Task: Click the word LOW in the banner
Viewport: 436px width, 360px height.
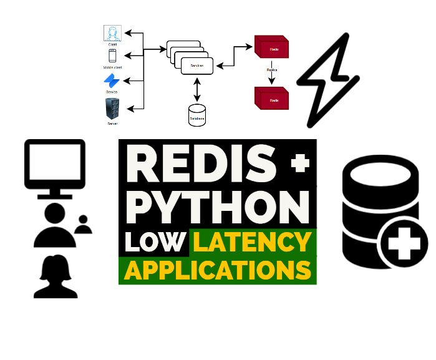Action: (x=155, y=241)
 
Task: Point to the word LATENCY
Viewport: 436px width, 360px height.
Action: (x=251, y=241)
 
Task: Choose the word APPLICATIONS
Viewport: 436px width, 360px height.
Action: (x=217, y=270)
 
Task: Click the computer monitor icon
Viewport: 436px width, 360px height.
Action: (x=54, y=167)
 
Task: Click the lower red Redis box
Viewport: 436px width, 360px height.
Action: (x=273, y=99)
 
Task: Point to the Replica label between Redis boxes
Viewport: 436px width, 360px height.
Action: (x=273, y=71)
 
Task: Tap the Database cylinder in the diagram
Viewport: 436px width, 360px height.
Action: (x=198, y=115)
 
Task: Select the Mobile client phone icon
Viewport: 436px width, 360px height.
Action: (x=113, y=56)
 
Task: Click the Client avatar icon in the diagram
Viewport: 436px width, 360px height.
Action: (x=113, y=34)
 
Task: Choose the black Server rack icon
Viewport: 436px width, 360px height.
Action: (x=113, y=110)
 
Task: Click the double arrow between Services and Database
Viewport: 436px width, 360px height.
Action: (x=198, y=90)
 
